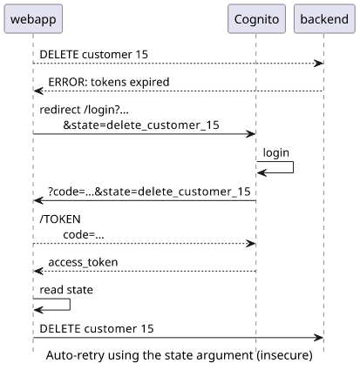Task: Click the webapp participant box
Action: pos(33,19)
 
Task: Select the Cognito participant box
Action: pos(256,19)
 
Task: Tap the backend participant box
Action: pos(324,19)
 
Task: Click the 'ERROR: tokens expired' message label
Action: pos(109,82)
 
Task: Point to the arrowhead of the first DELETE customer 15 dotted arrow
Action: pos(319,63)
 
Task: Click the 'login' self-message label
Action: pos(276,152)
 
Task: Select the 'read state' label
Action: pos(66,290)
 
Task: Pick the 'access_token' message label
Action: pos(83,262)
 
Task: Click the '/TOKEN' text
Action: pos(60,219)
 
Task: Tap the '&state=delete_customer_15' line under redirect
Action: pos(141,125)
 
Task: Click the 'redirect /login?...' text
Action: pos(84,110)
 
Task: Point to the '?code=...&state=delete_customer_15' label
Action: pos(149,192)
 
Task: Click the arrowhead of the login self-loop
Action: pos(262,173)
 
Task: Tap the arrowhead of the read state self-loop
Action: pos(38,310)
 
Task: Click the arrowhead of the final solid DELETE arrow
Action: pos(319,338)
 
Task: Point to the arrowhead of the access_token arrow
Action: pos(38,271)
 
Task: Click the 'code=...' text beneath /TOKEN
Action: pos(84,234)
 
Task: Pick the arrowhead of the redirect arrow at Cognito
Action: pos(251,134)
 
